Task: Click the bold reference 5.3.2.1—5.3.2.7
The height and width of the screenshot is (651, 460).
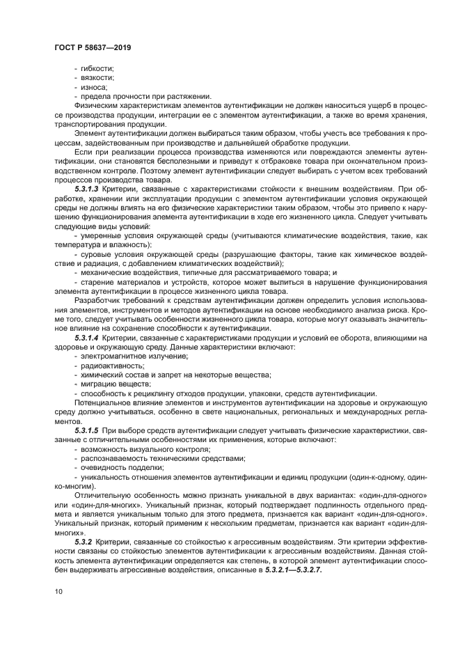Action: [293, 570]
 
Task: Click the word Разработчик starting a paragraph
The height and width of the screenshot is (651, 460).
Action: [97, 300]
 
